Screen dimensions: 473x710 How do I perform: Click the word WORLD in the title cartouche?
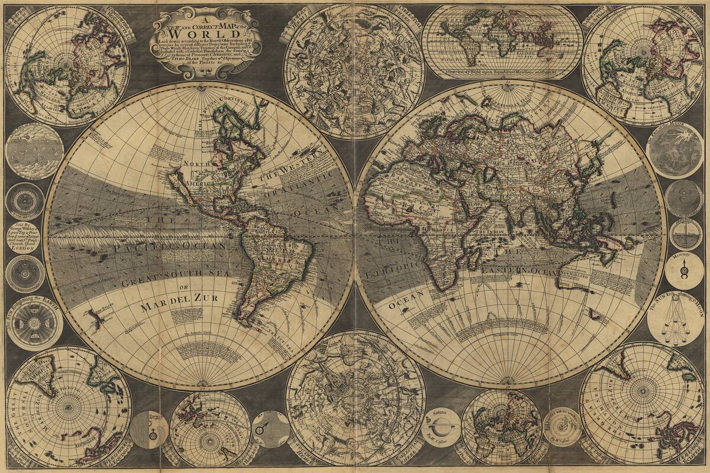[206, 34]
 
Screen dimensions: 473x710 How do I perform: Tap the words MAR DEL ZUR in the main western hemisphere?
[179, 306]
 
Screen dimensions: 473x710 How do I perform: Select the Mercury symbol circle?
[684, 270]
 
